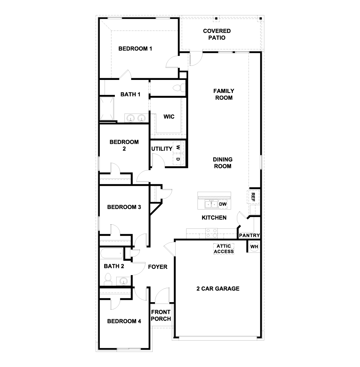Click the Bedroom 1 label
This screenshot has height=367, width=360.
coord(135,49)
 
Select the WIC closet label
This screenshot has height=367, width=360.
coord(169,117)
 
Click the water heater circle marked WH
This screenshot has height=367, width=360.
coord(254,247)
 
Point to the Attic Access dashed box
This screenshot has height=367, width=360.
coord(224,249)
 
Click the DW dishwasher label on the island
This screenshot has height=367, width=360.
coord(223,204)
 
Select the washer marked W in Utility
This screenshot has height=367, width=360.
coord(178,147)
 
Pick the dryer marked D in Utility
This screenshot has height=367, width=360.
coord(178,159)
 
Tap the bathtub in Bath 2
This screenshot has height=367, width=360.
coord(111,254)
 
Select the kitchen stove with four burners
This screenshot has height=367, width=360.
coord(211,233)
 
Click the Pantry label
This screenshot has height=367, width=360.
coord(249,236)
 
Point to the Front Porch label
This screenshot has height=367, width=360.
coord(161,316)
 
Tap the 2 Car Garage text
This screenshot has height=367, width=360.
coord(218,288)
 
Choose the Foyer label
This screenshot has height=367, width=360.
coord(157,267)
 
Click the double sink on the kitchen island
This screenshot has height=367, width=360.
coord(211,204)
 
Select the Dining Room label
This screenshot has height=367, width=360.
coord(222,163)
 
